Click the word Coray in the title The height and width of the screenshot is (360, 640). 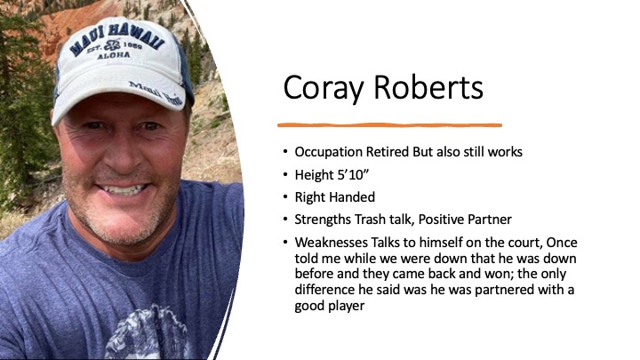323,88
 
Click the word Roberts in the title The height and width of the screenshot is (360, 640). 428,87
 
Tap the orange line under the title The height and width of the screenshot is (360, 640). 389,125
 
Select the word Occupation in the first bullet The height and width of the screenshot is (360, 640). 329,152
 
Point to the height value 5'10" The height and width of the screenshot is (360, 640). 352,175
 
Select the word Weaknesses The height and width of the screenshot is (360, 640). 331,243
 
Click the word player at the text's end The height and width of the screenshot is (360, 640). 347,306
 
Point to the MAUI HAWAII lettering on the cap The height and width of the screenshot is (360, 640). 117,40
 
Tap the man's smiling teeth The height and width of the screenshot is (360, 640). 124,189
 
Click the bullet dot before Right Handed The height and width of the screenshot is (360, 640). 285,197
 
